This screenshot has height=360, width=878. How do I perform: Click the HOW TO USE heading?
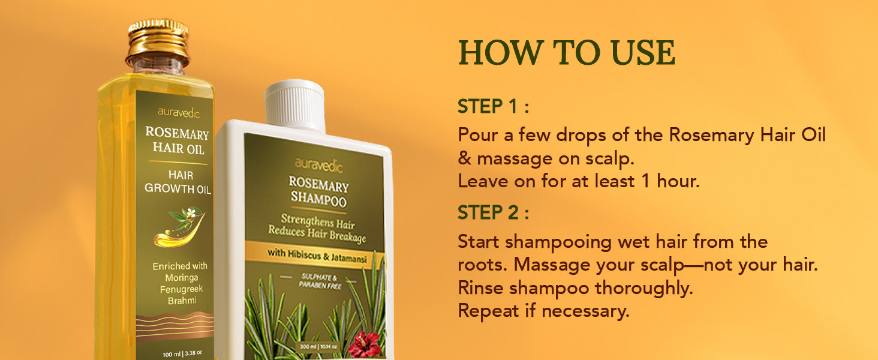[567, 53]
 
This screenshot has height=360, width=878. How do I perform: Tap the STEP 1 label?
[493, 106]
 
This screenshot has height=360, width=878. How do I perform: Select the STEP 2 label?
[493, 212]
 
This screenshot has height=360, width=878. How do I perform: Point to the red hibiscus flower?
[365, 344]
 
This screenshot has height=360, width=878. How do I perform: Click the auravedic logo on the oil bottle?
[179, 113]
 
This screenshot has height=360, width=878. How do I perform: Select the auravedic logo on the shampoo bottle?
[318, 165]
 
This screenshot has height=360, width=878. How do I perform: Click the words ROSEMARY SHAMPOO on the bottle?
[318, 191]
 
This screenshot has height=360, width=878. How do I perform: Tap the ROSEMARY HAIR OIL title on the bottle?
[177, 140]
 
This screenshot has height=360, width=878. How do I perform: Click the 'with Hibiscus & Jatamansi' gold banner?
[315, 255]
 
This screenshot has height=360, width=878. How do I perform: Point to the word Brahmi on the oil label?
[182, 301]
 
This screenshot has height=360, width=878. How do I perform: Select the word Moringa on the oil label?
[182, 278]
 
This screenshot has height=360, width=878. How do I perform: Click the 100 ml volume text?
[182, 354]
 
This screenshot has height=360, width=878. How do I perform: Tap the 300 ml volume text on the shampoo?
[318, 347]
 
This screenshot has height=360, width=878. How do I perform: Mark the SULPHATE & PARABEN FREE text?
[320, 281]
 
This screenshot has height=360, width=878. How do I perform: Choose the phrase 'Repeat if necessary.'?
[544, 311]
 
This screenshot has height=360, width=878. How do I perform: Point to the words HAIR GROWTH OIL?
[178, 182]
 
